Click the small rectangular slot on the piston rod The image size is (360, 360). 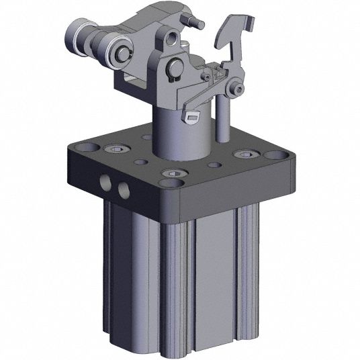click(x=193, y=118)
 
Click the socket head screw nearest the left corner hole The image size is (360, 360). click(x=111, y=148)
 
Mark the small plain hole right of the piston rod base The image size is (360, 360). click(x=214, y=165)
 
